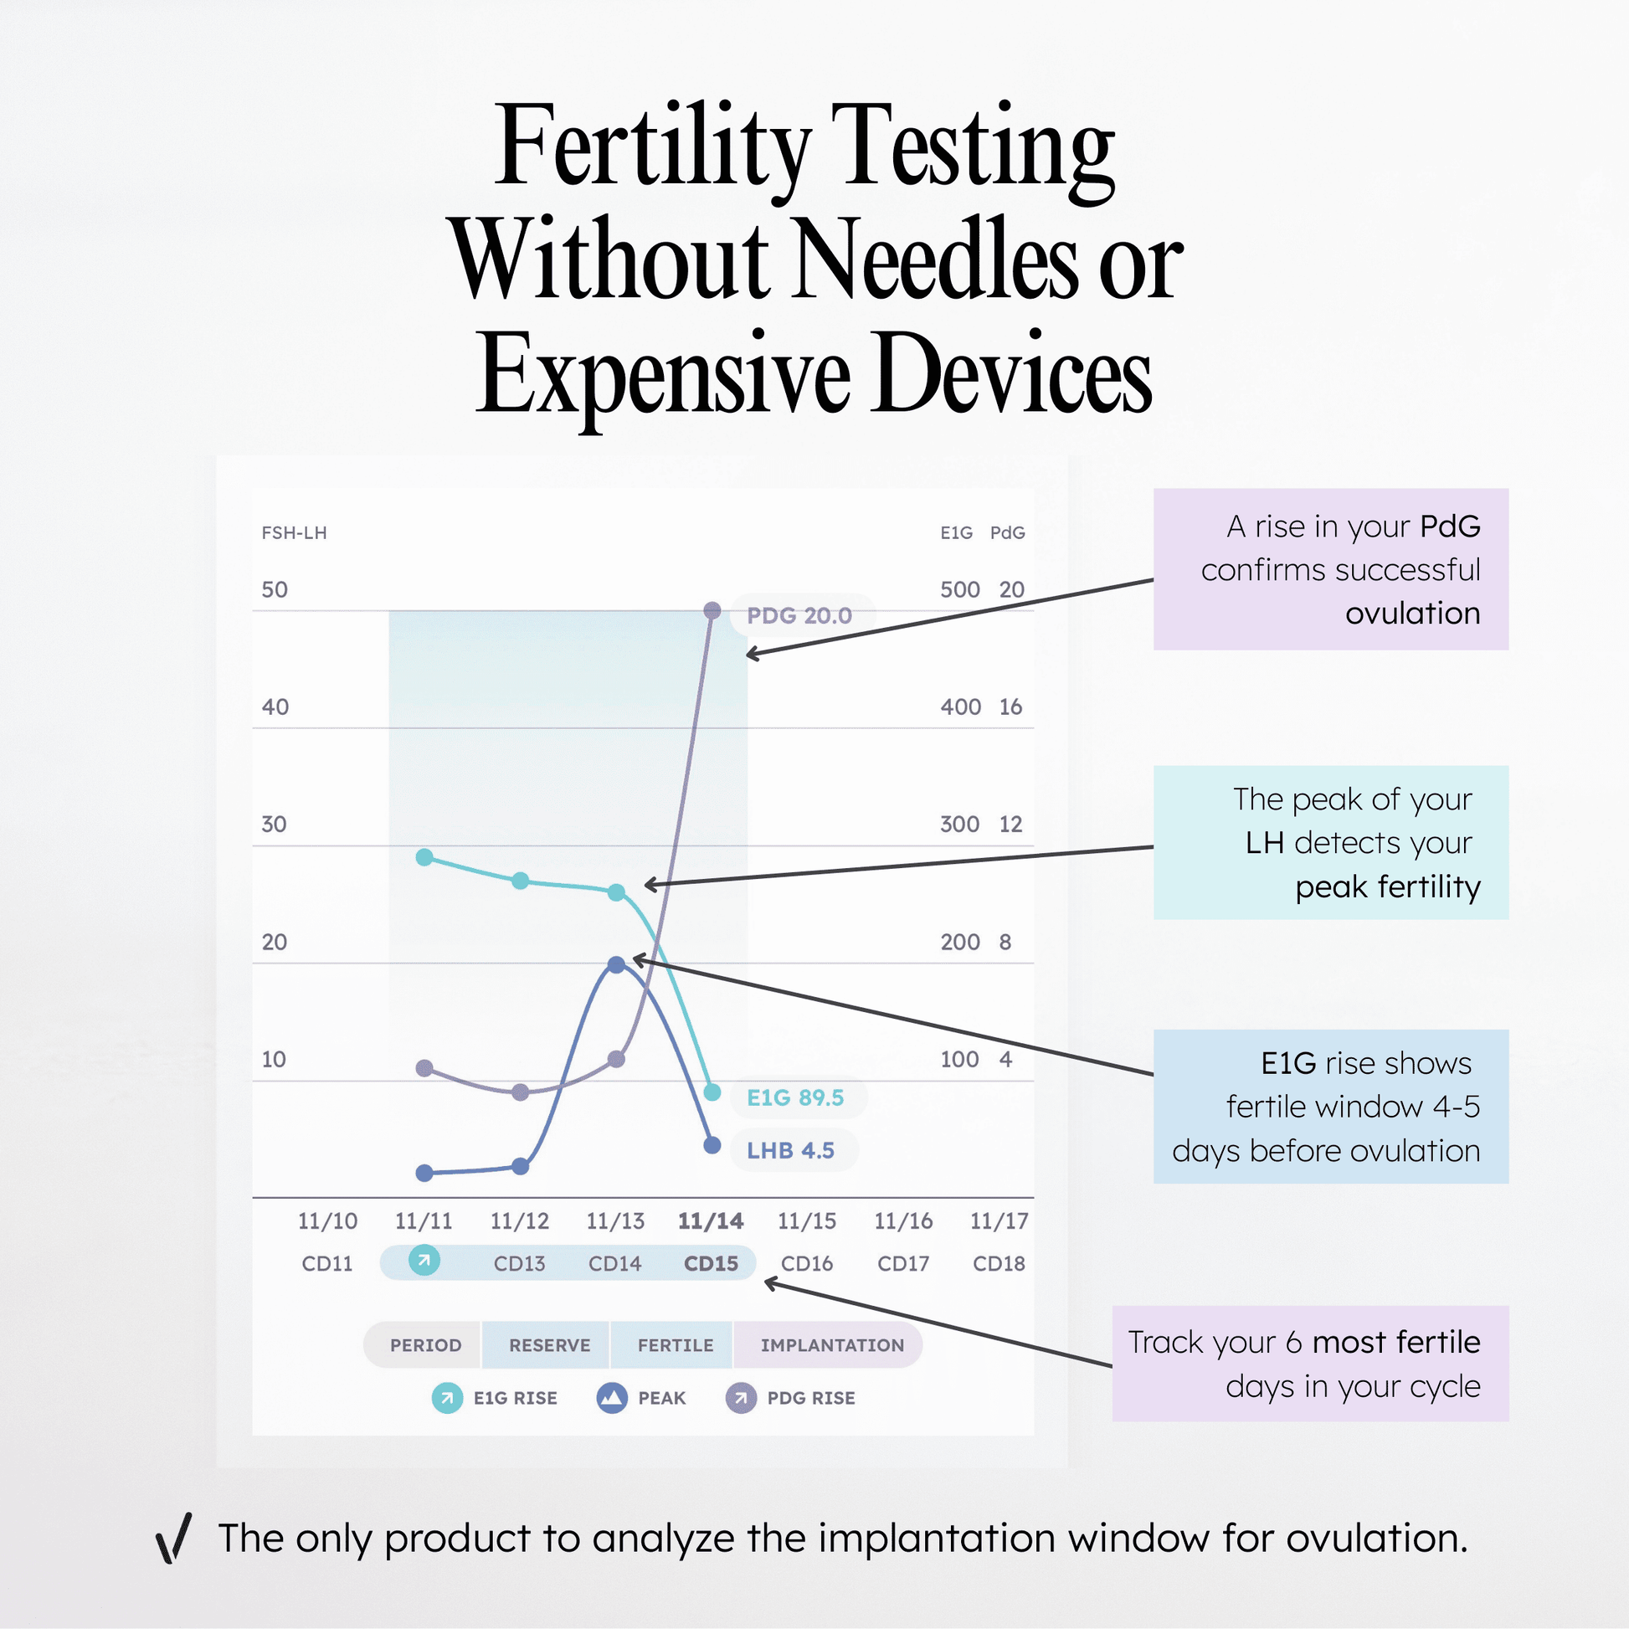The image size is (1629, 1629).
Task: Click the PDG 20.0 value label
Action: click(799, 615)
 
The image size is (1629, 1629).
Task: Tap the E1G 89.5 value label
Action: click(794, 1097)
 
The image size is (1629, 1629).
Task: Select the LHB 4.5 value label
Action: click(790, 1150)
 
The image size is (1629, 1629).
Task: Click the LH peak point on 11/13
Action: click(616, 964)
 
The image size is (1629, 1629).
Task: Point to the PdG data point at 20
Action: click(712, 610)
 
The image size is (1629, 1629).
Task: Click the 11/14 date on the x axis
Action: click(711, 1220)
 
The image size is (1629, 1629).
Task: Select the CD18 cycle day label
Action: click(999, 1264)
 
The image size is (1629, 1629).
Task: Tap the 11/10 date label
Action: click(327, 1220)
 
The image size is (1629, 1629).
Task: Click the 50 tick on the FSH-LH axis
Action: click(275, 589)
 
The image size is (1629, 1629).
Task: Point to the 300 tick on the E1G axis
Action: click(959, 824)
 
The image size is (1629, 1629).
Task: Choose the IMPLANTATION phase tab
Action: click(831, 1345)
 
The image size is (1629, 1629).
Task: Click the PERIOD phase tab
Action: click(425, 1345)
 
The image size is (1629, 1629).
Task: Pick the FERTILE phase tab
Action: click(675, 1345)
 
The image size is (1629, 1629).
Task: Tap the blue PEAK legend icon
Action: click(612, 1398)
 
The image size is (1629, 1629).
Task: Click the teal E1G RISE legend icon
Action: click(447, 1398)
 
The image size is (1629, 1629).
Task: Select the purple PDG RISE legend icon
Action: click(741, 1398)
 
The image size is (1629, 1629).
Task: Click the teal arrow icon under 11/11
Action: click(424, 1262)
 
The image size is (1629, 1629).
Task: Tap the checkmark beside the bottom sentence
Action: click(174, 1538)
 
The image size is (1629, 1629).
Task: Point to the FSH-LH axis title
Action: click(295, 533)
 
